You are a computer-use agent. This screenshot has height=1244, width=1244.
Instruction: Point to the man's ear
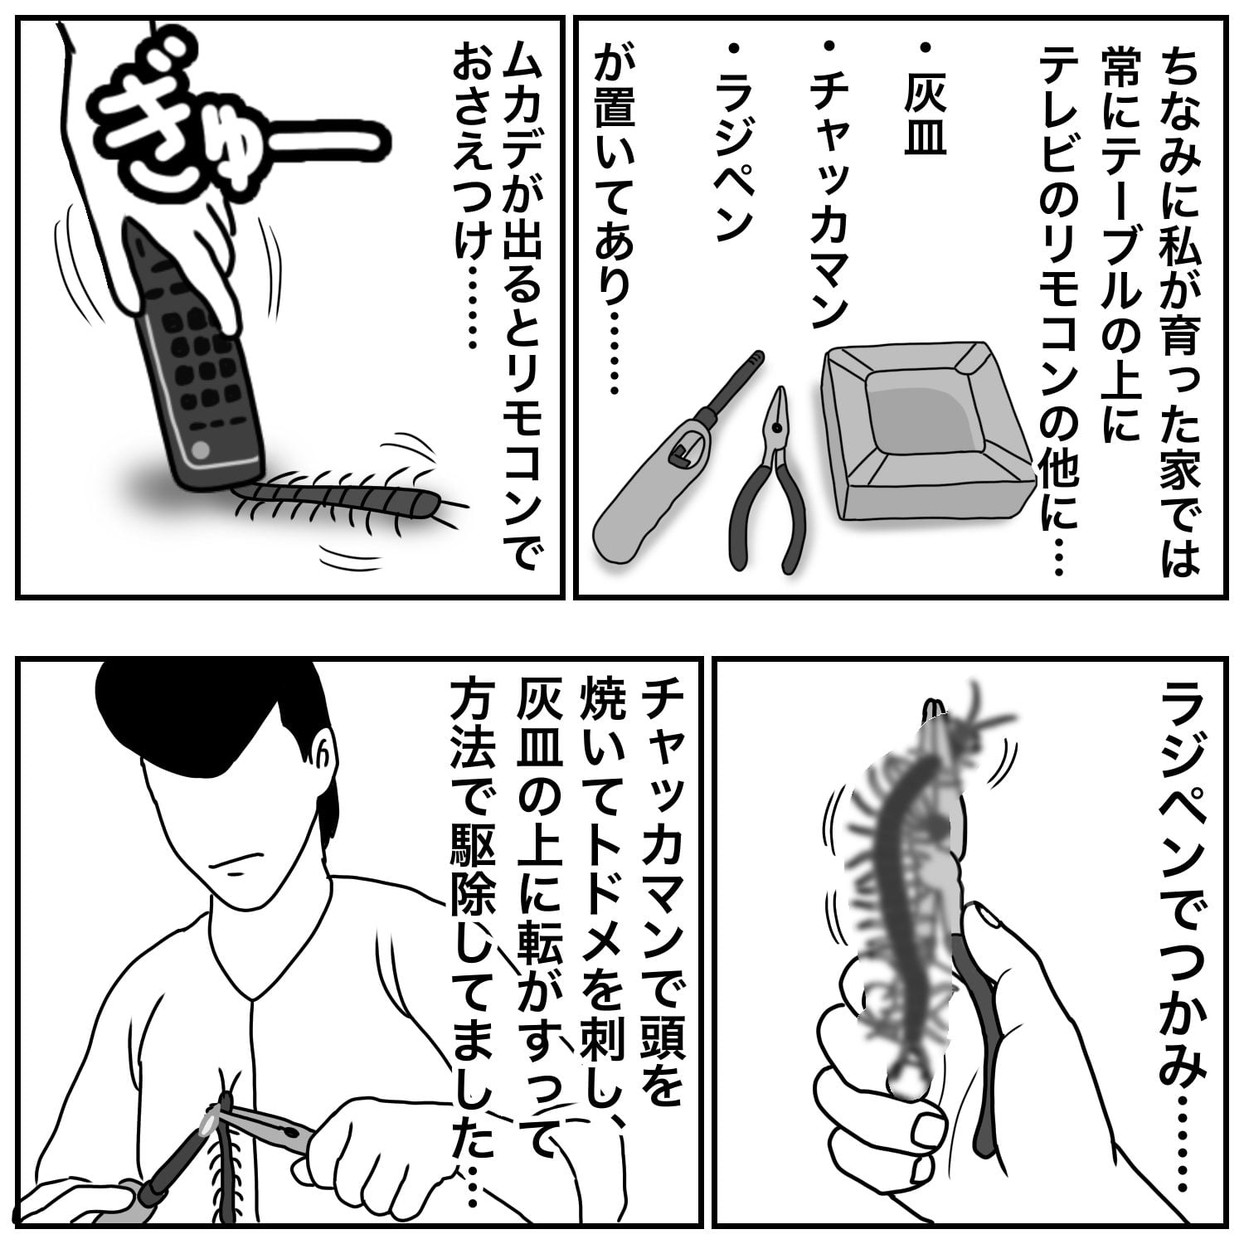(325, 759)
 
